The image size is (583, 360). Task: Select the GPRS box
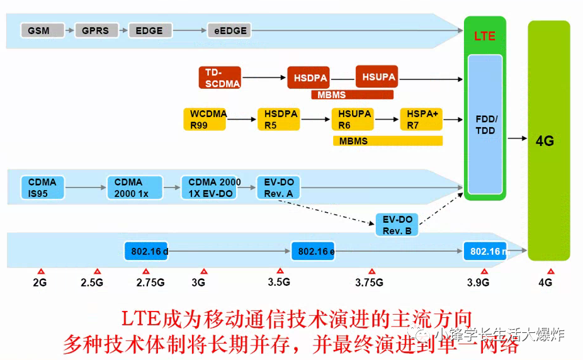click(x=95, y=30)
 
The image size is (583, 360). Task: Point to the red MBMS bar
click(x=352, y=95)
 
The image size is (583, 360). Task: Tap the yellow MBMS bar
click(x=387, y=141)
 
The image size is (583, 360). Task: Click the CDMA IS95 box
click(x=42, y=188)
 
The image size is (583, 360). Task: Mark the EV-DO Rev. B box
click(x=397, y=225)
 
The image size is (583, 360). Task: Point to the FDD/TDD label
click(x=485, y=125)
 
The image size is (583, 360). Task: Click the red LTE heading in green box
click(x=485, y=36)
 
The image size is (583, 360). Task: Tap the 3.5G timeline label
click(x=278, y=282)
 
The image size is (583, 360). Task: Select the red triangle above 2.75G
click(x=146, y=271)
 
